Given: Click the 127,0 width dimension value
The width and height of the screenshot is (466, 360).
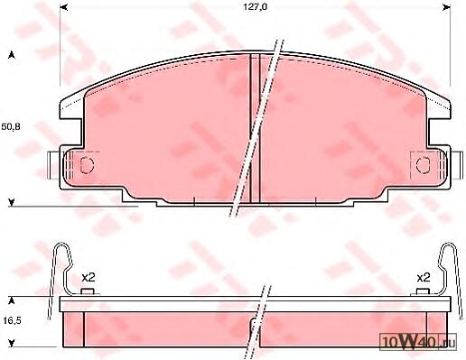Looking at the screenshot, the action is pos(255,7).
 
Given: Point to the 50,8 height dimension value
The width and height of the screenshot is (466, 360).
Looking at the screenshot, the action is pos(11,126).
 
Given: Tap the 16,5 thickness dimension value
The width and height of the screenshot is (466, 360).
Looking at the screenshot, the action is pos(12,320).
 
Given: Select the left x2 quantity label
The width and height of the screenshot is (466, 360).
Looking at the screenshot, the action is pos(89,277).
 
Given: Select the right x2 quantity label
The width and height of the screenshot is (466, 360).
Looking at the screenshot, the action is pos(424,277).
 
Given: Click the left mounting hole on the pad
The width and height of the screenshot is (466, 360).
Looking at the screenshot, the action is pos(88,165).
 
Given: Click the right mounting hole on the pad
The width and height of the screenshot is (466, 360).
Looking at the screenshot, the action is pos(424,164).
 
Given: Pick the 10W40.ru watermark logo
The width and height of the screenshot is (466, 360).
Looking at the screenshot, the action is pos(418,342).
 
